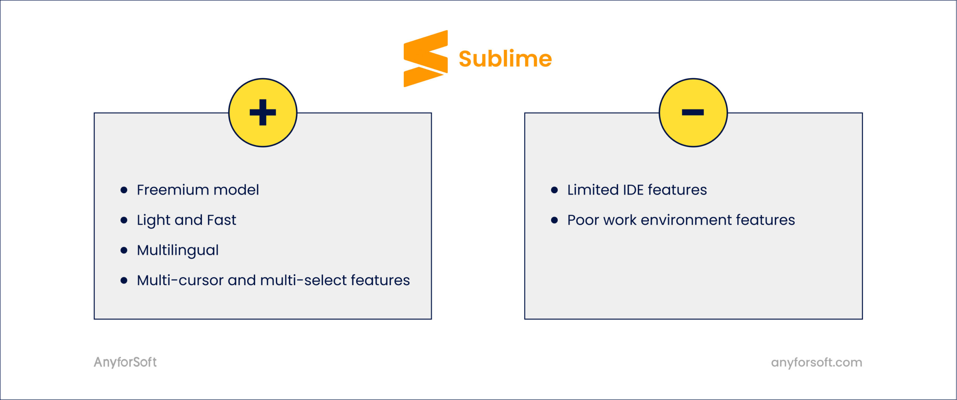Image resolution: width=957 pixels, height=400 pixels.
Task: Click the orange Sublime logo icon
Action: click(x=425, y=59)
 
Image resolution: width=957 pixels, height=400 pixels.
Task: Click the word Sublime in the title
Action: click(x=505, y=59)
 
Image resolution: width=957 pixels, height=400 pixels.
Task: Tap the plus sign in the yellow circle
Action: click(x=263, y=112)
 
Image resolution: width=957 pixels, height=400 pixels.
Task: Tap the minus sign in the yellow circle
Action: click(x=693, y=112)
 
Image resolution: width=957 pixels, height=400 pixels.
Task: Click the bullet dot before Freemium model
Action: click(x=124, y=190)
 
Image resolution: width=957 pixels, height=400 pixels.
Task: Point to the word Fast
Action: click(x=221, y=220)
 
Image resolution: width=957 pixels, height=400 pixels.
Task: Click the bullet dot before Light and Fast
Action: click(x=124, y=220)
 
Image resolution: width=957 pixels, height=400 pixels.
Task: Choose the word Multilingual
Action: click(x=178, y=250)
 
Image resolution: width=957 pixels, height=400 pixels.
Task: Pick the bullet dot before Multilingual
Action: click(x=124, y=250)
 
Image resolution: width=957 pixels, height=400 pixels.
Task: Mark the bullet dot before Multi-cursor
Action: click(x=124, y=280)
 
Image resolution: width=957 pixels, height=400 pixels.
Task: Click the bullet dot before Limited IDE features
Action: click(x=554, y=190)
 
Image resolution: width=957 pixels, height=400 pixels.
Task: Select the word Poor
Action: click(x=583, y=220)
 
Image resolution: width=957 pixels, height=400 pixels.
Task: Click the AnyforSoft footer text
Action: click(x=125, y=362)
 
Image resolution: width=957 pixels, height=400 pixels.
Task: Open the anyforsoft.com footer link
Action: click(x=816, y=362)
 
